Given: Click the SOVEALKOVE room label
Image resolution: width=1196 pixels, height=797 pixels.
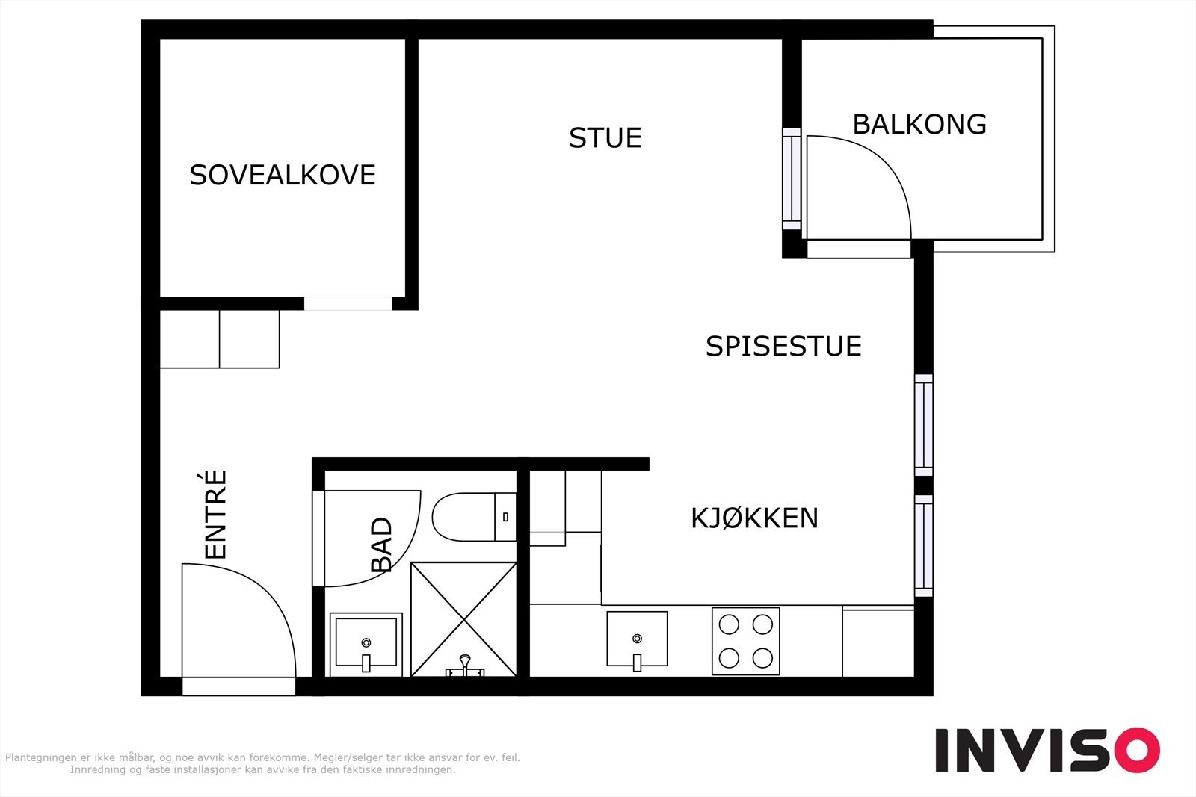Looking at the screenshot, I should (282, 175).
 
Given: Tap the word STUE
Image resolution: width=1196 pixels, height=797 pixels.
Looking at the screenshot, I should (605, 138).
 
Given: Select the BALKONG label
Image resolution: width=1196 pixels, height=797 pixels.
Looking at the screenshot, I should (919, 124).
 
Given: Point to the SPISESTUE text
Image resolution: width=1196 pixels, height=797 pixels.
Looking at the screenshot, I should (783, 347).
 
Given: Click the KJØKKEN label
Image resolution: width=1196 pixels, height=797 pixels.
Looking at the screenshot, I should (754, 518).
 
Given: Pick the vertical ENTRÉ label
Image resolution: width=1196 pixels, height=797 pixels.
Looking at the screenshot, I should (215, 514).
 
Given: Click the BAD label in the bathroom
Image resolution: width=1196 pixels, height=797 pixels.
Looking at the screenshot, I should (381, 545).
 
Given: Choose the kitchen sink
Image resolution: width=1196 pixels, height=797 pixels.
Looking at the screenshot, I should (637, 639).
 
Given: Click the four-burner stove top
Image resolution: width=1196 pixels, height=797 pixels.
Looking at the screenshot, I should (745, 641).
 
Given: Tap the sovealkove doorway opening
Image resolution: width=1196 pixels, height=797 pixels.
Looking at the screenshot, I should (348, 303).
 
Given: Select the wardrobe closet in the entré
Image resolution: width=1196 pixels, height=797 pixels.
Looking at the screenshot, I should (220, 339).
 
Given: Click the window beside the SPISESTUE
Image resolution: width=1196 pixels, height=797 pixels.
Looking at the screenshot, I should (924, 425).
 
